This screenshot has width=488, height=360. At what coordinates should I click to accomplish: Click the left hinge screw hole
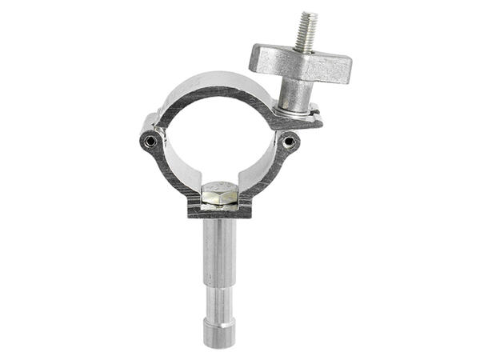tap(150, 142)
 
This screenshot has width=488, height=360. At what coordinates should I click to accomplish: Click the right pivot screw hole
tap(290, 143)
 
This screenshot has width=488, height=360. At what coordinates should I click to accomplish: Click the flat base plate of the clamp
tap(220, 212)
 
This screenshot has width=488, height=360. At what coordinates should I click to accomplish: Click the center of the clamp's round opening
tap(220, 140)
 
